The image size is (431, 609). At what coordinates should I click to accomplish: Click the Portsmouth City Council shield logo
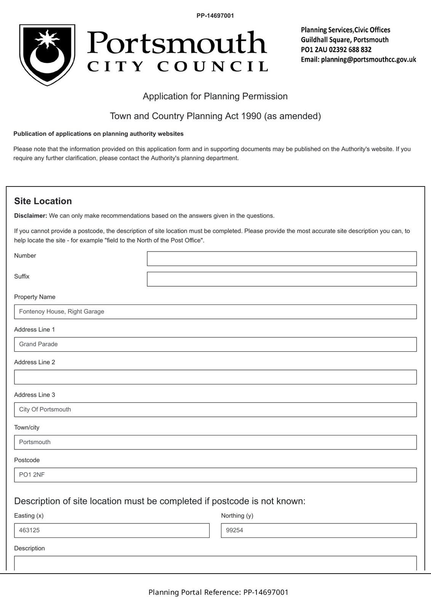pyautogui.click(x=47, y=55)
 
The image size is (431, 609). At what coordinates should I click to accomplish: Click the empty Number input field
pyautogui.click(x=282, y=258)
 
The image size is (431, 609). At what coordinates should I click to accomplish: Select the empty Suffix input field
pyautogui.click(x=282, y=279)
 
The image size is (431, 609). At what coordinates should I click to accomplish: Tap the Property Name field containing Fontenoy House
pyautogui.click(x=215, y=312)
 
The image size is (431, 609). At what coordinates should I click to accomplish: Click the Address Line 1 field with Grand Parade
pyautogui.click(x=215, y=344)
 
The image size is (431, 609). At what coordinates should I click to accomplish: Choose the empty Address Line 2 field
pyautogui.click(x=215, y=377)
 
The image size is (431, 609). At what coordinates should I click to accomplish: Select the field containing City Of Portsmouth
pyautogui.click(x=215, y=410)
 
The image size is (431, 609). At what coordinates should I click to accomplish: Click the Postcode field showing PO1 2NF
pyautogui.click(x=215, y=475)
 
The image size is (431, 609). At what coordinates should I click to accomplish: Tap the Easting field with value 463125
pyautogui.click(x=112, y=531)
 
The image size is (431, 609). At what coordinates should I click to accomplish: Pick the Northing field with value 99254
pyautogui.click(x=319, y=531)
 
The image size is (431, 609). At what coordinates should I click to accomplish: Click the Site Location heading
pyautogui.click(x=43, y=201)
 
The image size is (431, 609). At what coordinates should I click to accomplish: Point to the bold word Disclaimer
pyautogui.click(x=30, y=216)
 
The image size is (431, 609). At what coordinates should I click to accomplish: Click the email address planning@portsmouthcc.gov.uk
pyautogui.click(x=368, y=60)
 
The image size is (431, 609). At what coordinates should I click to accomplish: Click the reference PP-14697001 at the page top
pyautogui.click(x=215, y=16)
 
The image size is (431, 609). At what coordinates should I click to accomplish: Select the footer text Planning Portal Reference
pyautogui.click(x=195, y=592)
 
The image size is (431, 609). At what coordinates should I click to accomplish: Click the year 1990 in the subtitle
pyautogui.click(x=251, y=116)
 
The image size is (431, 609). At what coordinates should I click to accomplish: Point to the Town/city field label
pyautogui.click(x=27, y=427)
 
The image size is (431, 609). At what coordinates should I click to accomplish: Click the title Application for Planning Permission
pyautogui.click(x=215, y=96)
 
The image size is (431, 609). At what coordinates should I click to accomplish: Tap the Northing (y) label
pyautogui.click(x=237, y=516)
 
